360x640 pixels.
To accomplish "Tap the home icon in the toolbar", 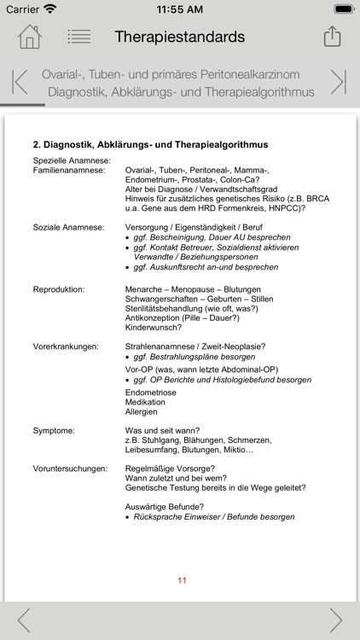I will click(x=29, y=37).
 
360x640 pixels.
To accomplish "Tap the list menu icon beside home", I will click(x=79, y=37).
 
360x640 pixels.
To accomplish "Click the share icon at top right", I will click(x=331, y=37).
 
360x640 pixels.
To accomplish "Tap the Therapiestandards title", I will click(x=180, y=37).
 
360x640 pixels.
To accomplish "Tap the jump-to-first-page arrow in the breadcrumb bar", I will click(x=20, y=82).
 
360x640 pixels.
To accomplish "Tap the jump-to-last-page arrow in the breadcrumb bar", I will click(x=339, y=82).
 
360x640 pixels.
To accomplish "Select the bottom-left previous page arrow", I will click(x=23, y=620).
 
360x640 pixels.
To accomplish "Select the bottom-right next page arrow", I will click(x=336, y=620).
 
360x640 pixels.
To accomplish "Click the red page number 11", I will click(x=182, y=580).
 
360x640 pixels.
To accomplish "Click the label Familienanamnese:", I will click(x=68, y=171).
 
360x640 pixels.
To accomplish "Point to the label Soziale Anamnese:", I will click(x=68, y=227).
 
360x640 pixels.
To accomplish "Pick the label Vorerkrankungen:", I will click(x=66, y=346).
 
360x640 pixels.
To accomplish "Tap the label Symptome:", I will click(x=54, y=430).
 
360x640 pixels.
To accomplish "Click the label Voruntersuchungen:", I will click(x=70, y=468).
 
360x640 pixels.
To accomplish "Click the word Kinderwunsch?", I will click(x=154, y=327).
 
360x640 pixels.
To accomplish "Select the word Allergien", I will click(x=142, y=411).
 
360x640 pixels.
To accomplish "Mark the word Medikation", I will click(x=146, y=401).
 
